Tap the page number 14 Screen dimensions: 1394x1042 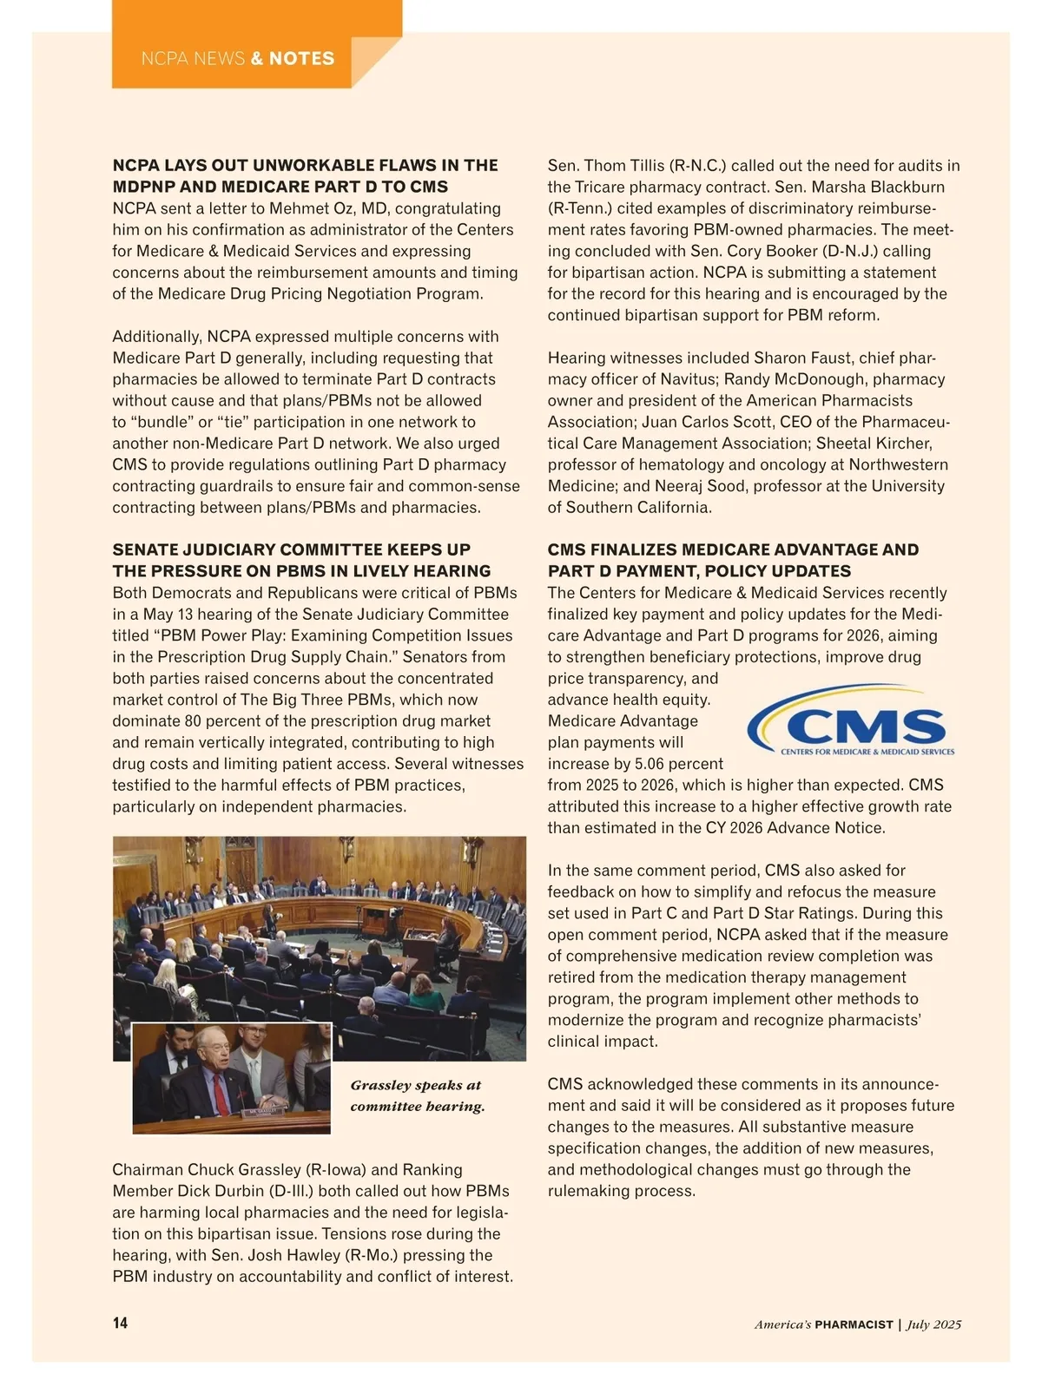pos(120,1323)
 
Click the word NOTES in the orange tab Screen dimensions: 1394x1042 pos(301,59)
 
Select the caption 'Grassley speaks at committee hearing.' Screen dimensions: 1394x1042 pos(417,1095)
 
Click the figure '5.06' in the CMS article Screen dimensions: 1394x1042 pos(653,764)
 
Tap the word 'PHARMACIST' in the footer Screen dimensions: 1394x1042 pos(854,1325)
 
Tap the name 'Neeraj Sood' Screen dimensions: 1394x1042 pos(706,486)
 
